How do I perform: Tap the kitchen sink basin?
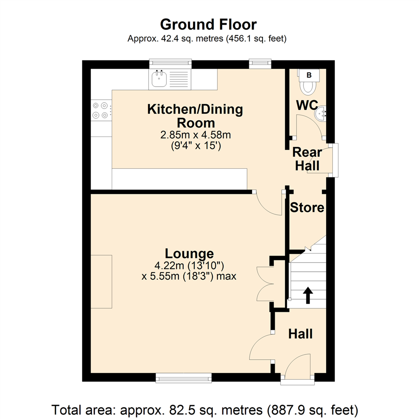(x=159, y=80)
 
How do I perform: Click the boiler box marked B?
(x=309, y=75)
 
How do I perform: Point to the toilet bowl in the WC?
(x=309, y=88)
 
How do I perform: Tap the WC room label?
(x=307, y=105)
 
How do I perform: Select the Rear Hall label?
(x=307, y=159)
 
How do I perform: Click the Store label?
(x=307, y=208)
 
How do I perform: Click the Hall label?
(x=300, y=334)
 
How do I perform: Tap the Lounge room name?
(x=189, y=254)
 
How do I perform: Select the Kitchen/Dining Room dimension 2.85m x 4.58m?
(x=196, y=135)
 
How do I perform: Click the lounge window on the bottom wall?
(x=184, y=377)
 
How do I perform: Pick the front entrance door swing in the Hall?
(x=298, y=367)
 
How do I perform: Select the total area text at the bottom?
(x=204, y=409)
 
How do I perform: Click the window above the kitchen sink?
(x=171, y=64)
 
